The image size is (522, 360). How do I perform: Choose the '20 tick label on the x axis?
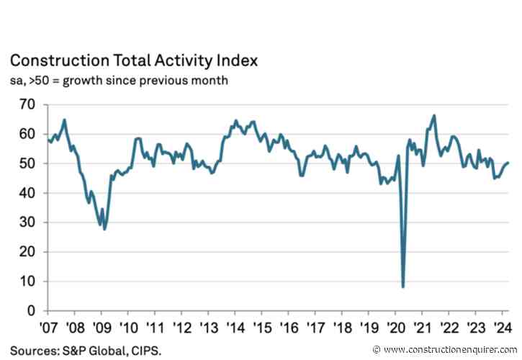click(x=396, y=325)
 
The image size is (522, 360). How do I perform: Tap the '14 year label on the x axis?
click(x=235, y=325)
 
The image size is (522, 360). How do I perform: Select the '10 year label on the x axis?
click(x=128, y=325)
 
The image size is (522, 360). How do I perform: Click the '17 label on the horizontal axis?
click(x=315, y=325)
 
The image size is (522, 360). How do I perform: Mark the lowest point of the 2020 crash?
click(x=402, y=287)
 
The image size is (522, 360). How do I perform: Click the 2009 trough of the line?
click(x=104, y=229)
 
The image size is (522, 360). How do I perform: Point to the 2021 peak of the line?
click(x=433, y=115)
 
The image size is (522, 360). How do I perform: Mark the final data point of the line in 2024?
click(x=508, y=162)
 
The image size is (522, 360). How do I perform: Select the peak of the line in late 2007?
click(x=65, y=120)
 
